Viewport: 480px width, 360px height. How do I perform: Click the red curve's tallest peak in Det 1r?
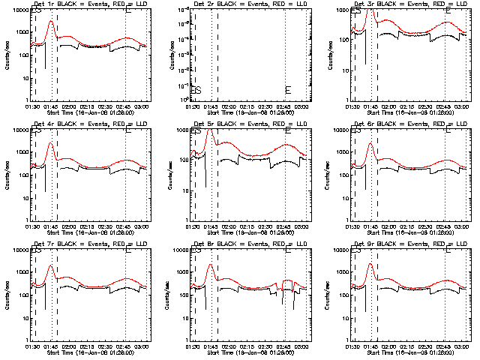pos(51,21)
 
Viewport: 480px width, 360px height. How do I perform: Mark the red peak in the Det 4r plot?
pos(51,142)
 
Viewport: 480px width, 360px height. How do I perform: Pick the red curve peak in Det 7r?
pos(51,265)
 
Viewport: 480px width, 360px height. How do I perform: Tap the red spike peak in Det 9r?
pos(371,265)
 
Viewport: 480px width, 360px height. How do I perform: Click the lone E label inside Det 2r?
pos(288,91)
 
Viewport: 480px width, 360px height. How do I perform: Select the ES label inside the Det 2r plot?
pos(196,91)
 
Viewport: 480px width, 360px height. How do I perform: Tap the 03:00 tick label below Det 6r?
pos(460,226)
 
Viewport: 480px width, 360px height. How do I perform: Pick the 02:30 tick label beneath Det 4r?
pos(110,226)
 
